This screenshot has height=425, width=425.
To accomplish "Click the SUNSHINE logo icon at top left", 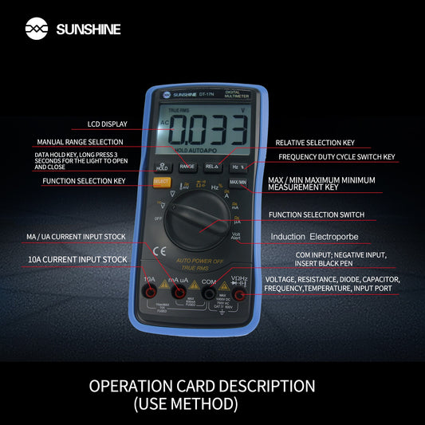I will coord(37,30).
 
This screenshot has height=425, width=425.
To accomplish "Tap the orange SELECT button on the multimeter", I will coord(161,182).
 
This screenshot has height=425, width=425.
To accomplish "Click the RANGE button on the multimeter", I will coord(187,167).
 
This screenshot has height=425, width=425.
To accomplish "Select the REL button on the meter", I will coord(212,167).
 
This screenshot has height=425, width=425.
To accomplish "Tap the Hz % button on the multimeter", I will coord(237,167).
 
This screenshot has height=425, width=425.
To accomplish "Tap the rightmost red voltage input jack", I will coord(239,296).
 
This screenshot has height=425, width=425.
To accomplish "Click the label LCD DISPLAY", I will coord(107,124).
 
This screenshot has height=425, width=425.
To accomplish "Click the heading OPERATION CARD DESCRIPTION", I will coord(202,386).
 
